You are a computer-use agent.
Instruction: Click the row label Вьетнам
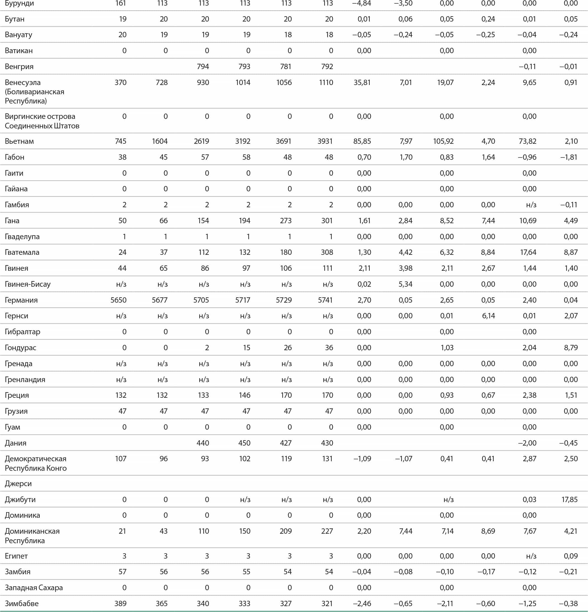pyautogui.click(x=19, y=141)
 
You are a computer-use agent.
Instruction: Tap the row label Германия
pyautogui.click(x=21, y=300)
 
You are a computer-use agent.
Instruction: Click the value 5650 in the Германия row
pyautogui.click(x=118, y=300)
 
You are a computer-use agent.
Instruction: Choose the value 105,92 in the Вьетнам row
pyautogui.click(x=443, y=141)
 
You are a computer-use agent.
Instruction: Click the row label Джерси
pyautogui.click(x=18, y=484)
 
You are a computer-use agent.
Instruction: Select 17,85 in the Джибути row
pyautogui.click(x=569, y=500)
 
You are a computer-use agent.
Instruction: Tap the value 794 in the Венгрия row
pyautogui.click(x=203, y=67)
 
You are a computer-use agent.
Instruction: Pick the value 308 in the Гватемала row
pyautogui.click(x=327, y=252)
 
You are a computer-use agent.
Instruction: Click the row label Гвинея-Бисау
pyautogui.click(x=27, y=284)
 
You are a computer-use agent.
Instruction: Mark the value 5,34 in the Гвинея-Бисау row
pyautogui.click(x=406, y=284)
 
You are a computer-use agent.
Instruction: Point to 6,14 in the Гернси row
pyautogui.click(x=488, y=316)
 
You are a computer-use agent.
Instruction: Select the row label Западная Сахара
pyautogui.click(x=34, y=588)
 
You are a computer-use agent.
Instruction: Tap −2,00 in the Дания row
pyautogui.click(x=527, y=443)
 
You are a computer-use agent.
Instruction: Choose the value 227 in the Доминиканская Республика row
pyautogui.click(x=327, y=531)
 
